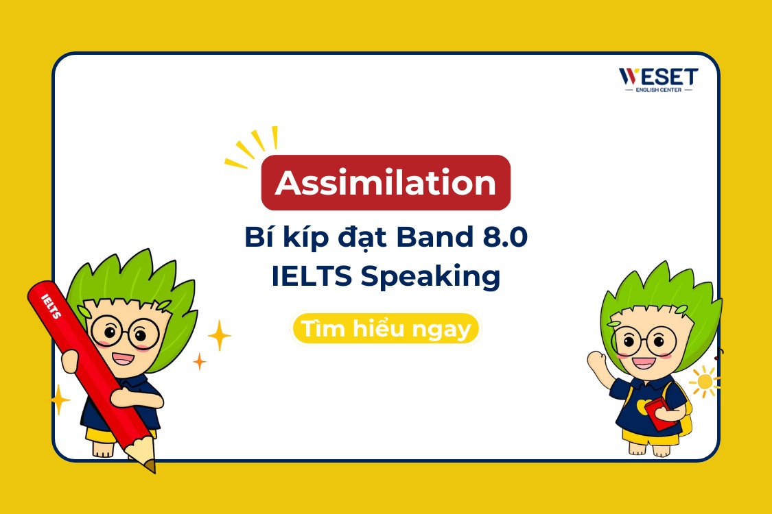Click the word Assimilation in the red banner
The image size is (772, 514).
click(386, 183)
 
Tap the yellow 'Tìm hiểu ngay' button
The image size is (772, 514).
click(386, 329)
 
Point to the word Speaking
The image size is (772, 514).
click(430, 277)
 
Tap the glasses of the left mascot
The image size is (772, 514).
click(124, 332)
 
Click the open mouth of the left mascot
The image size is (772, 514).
click(124, 357)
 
